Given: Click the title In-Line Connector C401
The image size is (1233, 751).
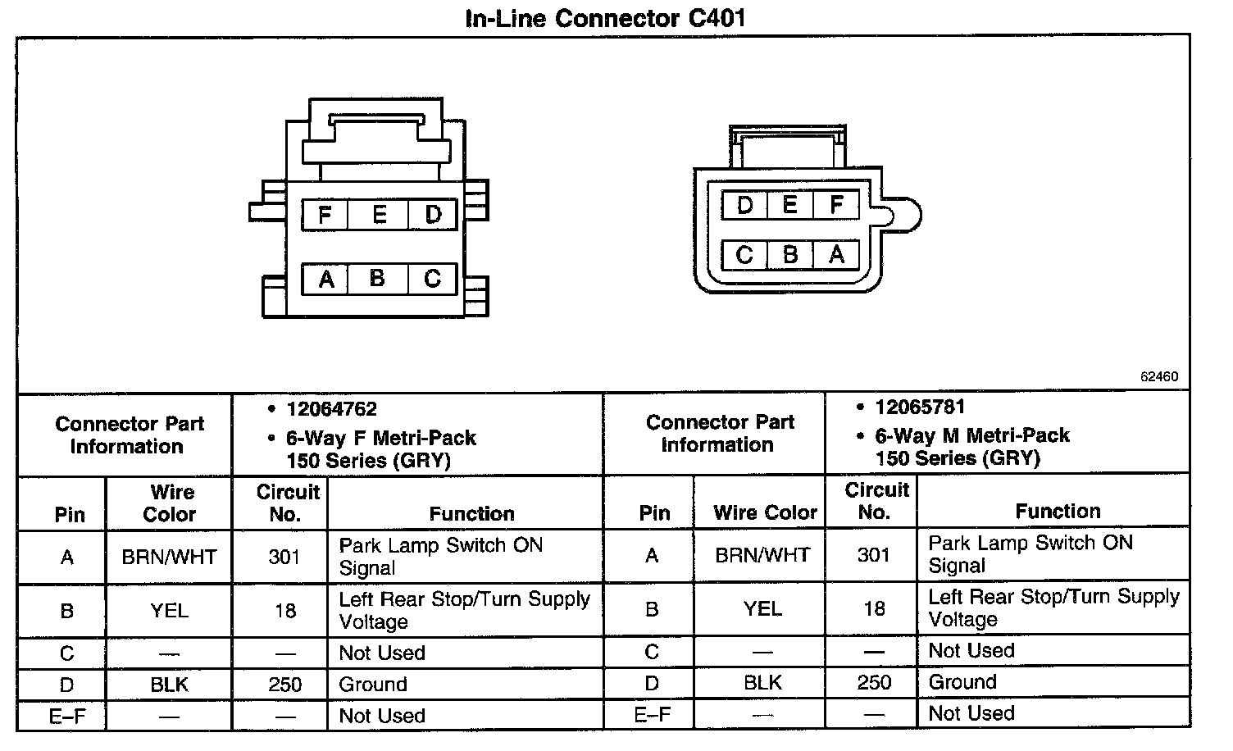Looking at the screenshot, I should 605,18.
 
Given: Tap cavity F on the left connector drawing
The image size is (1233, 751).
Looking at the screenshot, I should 325,215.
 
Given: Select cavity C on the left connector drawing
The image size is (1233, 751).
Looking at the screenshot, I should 433,279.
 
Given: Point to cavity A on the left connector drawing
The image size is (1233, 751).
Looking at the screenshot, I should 326,280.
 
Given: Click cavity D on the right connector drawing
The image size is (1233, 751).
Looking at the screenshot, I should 745,204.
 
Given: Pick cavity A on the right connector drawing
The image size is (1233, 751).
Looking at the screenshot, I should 836,254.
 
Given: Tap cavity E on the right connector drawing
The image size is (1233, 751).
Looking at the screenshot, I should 790,204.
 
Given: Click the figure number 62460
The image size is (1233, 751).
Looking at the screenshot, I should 1158,377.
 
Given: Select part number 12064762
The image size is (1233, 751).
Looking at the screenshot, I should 331,409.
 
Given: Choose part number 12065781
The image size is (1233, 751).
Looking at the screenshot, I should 920,407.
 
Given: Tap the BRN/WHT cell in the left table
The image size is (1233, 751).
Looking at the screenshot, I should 169,558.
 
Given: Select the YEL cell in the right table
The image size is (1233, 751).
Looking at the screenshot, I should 762,608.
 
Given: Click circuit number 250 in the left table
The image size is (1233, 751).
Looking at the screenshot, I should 284,684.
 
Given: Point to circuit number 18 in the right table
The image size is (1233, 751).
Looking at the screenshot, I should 874,608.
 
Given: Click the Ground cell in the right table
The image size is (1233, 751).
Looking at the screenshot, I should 962,682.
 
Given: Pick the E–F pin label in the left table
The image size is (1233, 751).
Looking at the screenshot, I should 67,716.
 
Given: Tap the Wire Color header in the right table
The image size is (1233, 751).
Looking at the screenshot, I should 765,513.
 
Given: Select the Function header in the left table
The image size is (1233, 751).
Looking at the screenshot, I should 471,514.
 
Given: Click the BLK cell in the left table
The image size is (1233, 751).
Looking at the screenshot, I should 169,684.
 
